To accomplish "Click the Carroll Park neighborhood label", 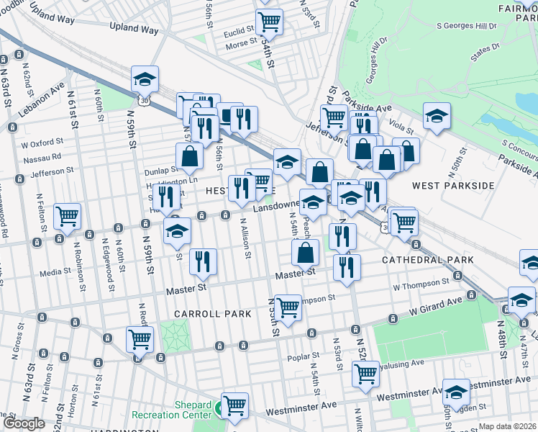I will pos(212,314).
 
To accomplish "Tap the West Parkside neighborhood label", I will pos(452,186).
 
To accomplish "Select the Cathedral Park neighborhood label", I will pos(427,259).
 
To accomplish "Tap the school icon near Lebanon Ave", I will pos(145,78).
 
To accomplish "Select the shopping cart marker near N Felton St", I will pos(67,215).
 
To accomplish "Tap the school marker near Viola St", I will pos(436,116).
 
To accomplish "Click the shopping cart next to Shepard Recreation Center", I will pos(234,405).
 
